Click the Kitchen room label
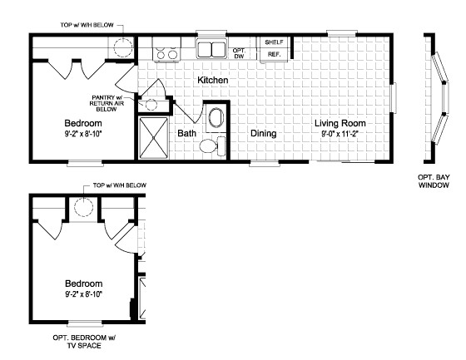tap(213, 80)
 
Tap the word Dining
tap(264, 132)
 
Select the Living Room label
tap(340, 124)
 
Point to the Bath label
tap(186, 132)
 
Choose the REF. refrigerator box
tap(273, 55)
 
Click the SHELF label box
tap(273, 42)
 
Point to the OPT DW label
tap(240, 52)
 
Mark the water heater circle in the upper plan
tap(122, 45)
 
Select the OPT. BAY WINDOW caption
tap(433, 181)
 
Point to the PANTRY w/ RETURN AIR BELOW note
tap(108, 102)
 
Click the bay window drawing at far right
tap(436, 99)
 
